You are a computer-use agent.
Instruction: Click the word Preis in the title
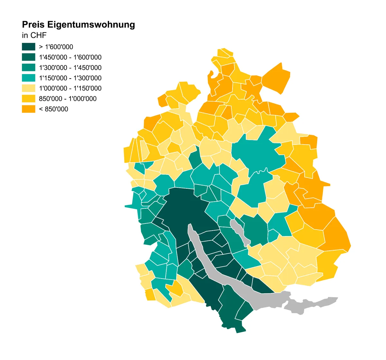pos(33,25)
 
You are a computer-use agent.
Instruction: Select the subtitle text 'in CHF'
pos(34,35)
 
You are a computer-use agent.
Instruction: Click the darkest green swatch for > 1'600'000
pos(28,47)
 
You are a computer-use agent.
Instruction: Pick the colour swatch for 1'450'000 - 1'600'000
pos(28,57)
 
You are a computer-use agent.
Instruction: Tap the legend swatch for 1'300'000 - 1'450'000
pos(28,68)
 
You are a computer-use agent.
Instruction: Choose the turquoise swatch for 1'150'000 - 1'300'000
pos(28,78)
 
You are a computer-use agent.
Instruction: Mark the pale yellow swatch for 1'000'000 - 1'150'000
pos(28,88)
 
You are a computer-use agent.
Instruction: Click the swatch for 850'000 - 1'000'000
pos(28,99)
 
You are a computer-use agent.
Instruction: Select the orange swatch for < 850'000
pos(28,109)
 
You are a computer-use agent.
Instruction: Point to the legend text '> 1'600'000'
pos(56,47)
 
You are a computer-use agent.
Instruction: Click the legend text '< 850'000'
pos(53,109)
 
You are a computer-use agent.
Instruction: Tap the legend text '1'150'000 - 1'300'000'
pos(70,78)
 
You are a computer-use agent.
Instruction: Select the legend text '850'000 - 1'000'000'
pos(68,99)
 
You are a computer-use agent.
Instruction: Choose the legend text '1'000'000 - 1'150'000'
pos(70,89)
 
